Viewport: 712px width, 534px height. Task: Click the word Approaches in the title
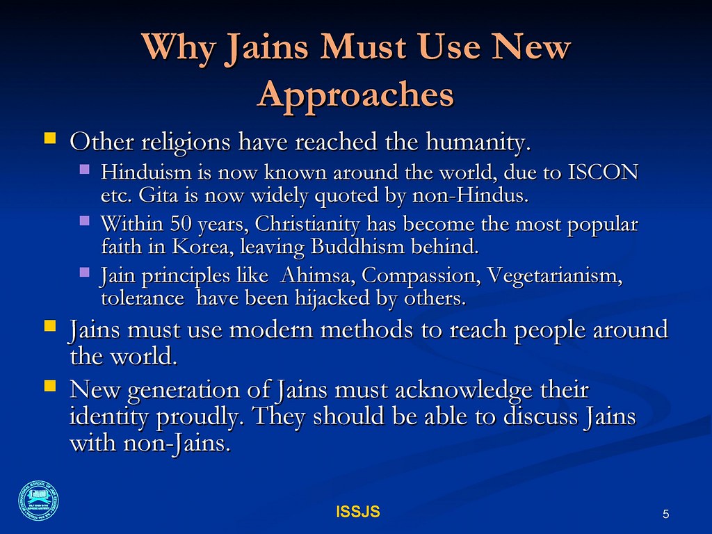pyautogui.click(x=355, y=95)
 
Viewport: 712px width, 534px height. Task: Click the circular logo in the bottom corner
pyautogui.click(x=38, y=501)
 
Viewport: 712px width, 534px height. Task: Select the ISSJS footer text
pyautogui.click(x=358, y=512)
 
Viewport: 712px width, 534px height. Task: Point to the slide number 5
pyautogui.click(x=665, y=514)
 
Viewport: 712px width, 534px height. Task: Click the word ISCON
pyautogui.click(x=603, y=172)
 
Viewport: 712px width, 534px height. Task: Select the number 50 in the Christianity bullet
pyautogui.click(x=181, y=224)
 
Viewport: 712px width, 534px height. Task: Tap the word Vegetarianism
pyautogui.click(x=554, y=276)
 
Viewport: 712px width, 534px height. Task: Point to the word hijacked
pyautogui.click(x=332, y=299)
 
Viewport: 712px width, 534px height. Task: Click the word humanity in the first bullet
pyautogui.click(x=478, y=142)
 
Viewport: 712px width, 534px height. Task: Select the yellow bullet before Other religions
pyautogui.click(x=50, y=138)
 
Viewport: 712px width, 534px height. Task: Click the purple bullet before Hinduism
pyautogui.click(x=84, y=170)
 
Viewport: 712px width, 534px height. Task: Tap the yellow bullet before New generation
pyautogui.click(x=50, y=386)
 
